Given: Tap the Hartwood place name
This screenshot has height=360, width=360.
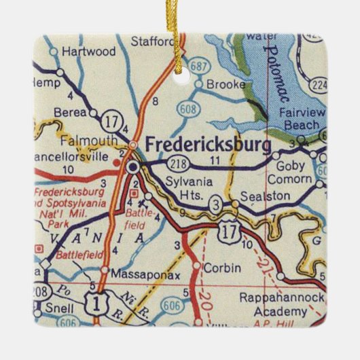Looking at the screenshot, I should click(x=88, y=51).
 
